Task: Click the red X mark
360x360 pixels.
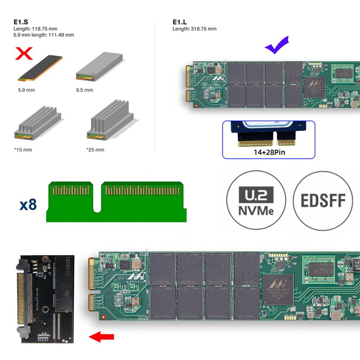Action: [23, 54]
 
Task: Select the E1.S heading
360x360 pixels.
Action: [19, 22]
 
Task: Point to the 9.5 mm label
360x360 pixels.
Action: [84, 90]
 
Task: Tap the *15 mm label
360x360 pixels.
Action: [23, 150]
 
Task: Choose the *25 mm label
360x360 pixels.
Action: [95, 150]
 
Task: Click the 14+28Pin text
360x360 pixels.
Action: [268, 153]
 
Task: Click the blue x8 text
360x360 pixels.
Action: [28, 205]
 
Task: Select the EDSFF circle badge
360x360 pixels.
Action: [323, 201]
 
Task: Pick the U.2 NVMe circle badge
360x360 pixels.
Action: [256, 201]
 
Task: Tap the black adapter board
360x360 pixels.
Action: [45, 299]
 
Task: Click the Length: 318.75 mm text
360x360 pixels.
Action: [194, 29]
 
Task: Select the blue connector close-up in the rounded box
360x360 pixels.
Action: [268, 134]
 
